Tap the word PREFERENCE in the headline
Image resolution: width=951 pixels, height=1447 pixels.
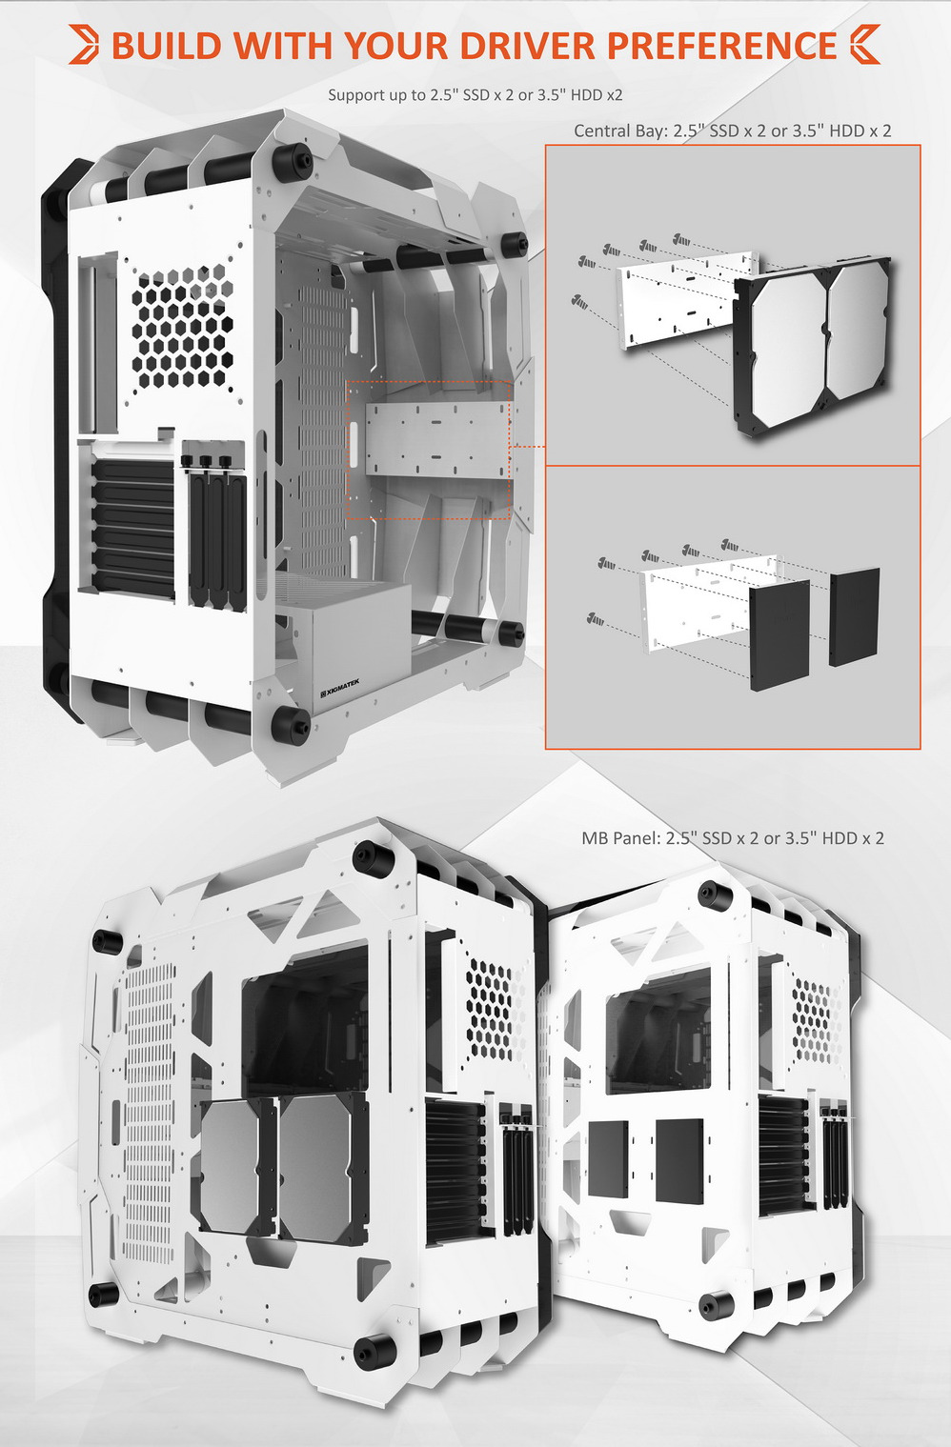pos(721,45)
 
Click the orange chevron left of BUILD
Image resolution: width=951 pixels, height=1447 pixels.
pos(84,45)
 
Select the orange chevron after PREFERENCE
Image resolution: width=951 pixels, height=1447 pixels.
pos(864,45)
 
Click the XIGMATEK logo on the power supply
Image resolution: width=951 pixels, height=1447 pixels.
pos(340,690)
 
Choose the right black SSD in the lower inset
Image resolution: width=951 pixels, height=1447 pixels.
pos(854,617)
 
